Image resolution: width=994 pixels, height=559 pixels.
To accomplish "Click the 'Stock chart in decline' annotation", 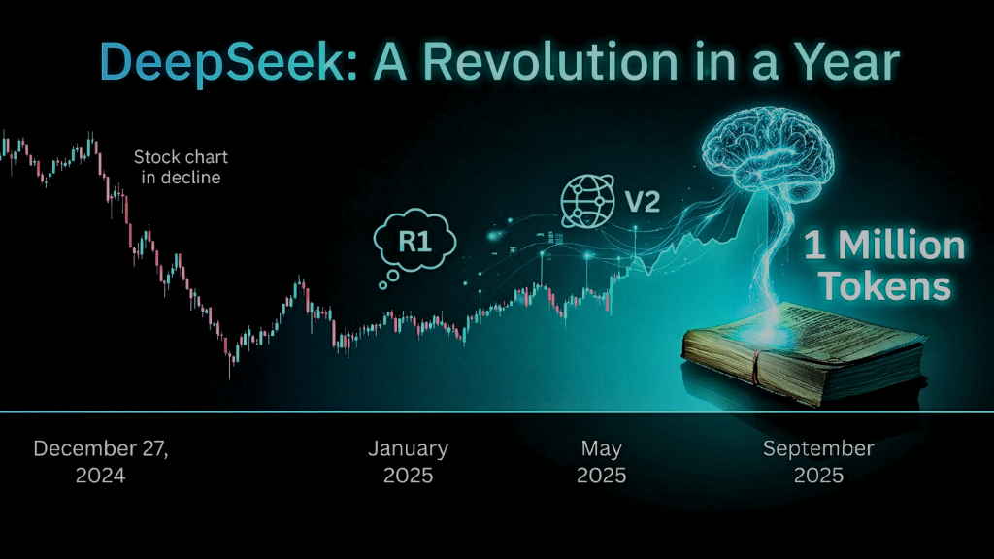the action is pyautogui.click(x=181, y=167).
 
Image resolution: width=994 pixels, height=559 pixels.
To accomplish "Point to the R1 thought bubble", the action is pyautogui.click(x=415, y=241).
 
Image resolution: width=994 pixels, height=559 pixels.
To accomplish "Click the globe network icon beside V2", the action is pyautogui.click(x=587, y=202).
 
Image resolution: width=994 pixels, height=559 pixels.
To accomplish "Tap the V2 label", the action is pyautogui.click(x=643, y=202).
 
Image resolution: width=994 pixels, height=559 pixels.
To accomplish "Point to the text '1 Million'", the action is pyautogui.click(x=884, y=246).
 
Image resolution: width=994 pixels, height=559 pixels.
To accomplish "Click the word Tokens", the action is pyautogui.click(x=885, y=286).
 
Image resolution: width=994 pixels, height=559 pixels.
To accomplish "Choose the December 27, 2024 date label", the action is pyautogui.click(x=101, y=461).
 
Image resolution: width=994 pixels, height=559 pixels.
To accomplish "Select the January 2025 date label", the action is pyautogui.click(x=409, y=461).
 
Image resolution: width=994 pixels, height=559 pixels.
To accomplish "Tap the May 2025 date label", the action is pyautogui.click(x=601, y=461).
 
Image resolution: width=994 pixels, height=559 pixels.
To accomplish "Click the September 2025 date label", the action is pyautogui.click(x=818, y=461).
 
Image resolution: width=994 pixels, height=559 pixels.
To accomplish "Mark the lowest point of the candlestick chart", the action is pyautogui.click(x=230, y=378).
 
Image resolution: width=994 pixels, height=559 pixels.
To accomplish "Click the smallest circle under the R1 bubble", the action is pyautogui.click(x=382, y=286).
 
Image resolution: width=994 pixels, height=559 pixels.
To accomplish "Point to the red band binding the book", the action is pyautogui.click(x=755, y=368).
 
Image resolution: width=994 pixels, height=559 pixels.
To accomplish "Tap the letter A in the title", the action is pyautogui.click(x=390, y=61).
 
